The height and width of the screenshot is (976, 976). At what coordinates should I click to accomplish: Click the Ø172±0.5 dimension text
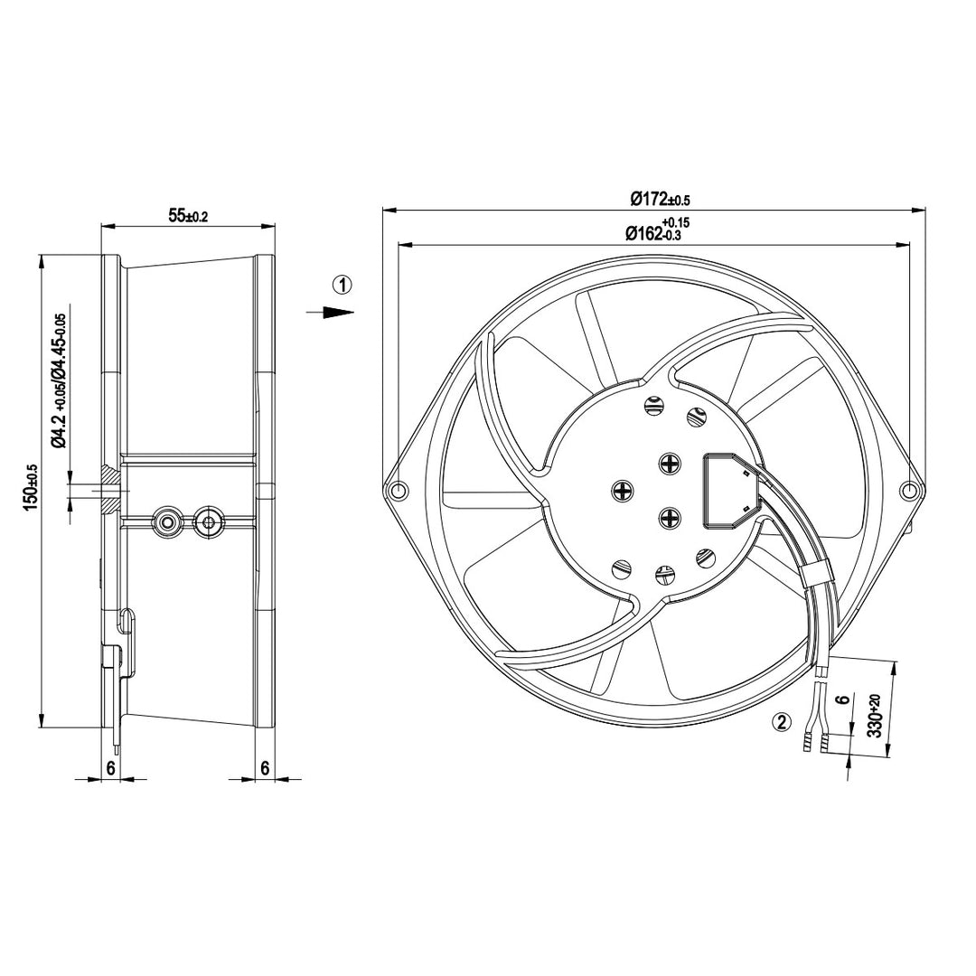(x=660, y=199)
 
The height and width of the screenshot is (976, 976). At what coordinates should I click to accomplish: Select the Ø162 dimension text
(x=657, y=230)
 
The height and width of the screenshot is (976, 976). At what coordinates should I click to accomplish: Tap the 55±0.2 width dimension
(x=187, y=215)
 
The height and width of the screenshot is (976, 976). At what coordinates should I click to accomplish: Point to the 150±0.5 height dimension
(x=31, y=488)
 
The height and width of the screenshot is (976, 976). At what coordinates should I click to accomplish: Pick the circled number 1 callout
(x=343, y=285)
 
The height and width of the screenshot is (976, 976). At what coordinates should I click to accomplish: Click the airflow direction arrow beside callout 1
(x=330, y=312)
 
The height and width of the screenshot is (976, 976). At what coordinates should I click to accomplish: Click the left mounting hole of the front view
(x=397, y=491)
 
